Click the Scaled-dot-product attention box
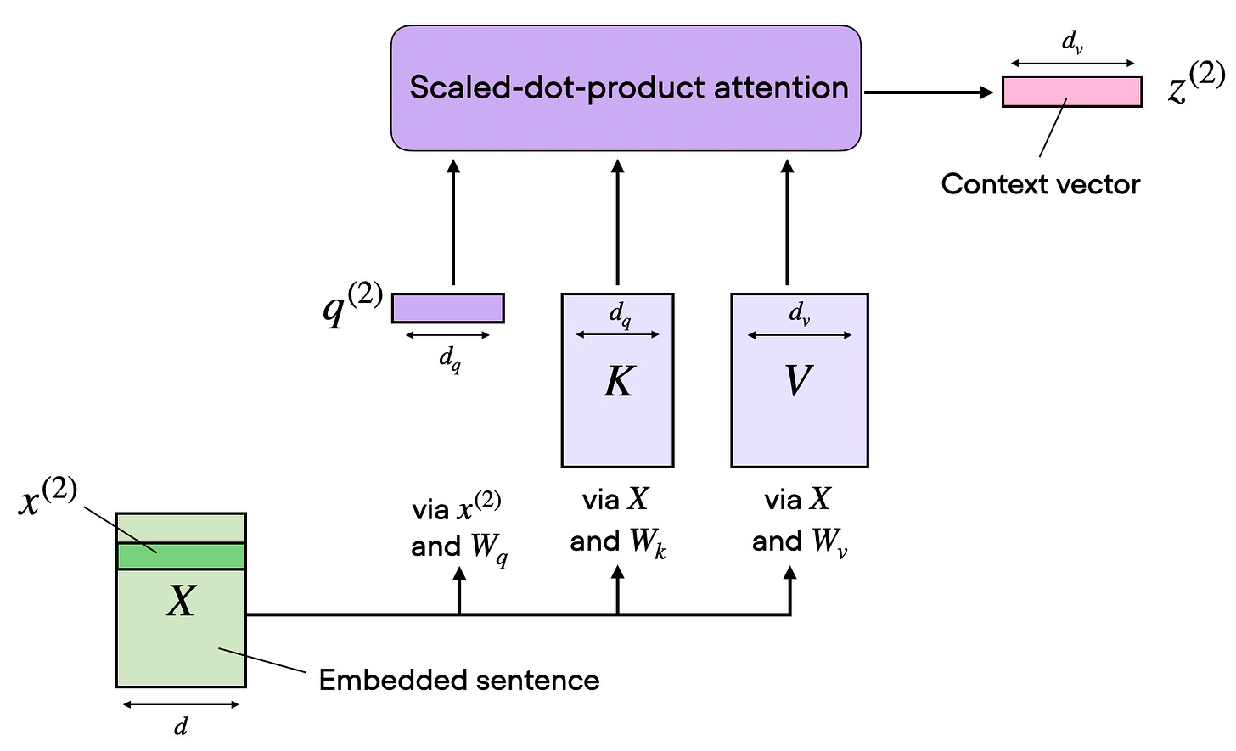(x=626, y=88)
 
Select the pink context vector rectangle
(x=1071, y=92)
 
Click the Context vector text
(x=1040, y=184)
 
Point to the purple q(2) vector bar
(x=447, y=308)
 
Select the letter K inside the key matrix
(x=618, y=383)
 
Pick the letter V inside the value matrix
(x=797, y=382)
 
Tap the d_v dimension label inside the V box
(x=800, y=315)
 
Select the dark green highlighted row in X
(x=181, y=557)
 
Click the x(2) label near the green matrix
(x=48, y=500)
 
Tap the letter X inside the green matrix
(x=181, y=602)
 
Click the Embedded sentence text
(x=458, y=681)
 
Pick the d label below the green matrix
(x=181, y=726)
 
